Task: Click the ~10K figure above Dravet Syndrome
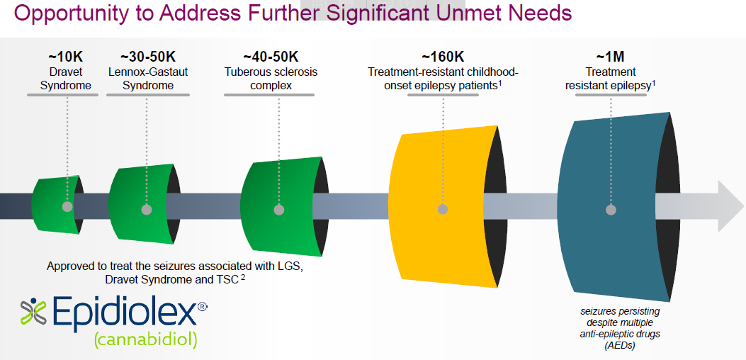click(x=66, y=57)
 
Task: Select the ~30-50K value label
click(x=148, y=57)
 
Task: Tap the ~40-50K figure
click(x=271, y=57)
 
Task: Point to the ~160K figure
click(x=443, y=57)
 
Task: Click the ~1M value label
click(x=611, y=57)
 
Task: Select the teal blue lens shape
click(x=616, y=206)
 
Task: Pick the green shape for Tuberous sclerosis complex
click(x=283, y=206)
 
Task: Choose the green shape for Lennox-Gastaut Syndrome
click(x=142, y=205)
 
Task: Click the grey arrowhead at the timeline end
click(x=731, y=206)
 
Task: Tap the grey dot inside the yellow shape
click(x=443, y=209)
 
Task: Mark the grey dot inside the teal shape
click(x=611, y=210)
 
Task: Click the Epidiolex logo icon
click(x=33, y=312)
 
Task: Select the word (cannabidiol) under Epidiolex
click(x=145, y=339)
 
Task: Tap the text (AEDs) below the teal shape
click(x=620, y=346)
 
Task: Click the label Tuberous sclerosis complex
click(x=271, y=79)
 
